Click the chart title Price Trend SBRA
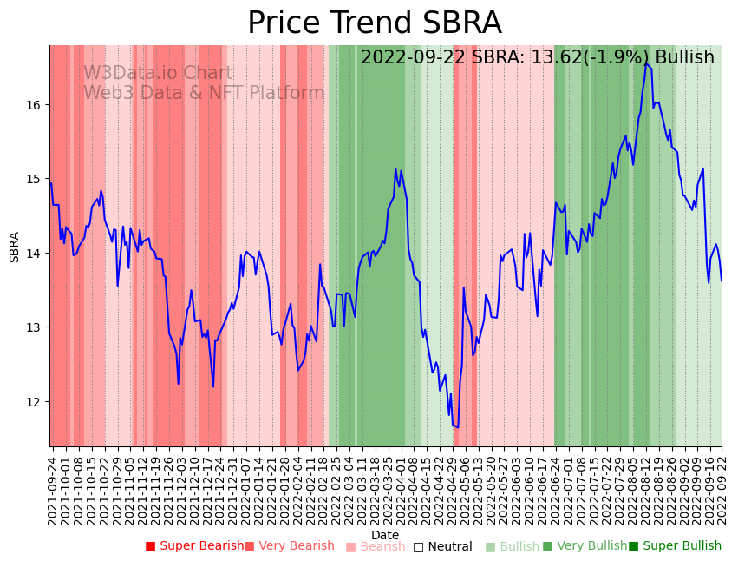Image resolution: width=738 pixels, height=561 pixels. (374, 23)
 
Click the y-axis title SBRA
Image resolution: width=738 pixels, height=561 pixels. (15, 247)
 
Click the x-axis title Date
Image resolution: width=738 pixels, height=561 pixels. (385, 535)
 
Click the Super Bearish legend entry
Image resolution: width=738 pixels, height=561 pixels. (195, 546)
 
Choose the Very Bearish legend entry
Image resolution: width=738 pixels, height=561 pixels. (289, 546)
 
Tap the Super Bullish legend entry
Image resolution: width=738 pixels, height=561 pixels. (675, 546)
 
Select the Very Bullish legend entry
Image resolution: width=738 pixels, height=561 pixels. (585, 546)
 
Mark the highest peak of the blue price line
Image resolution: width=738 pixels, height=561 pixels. (645, 63)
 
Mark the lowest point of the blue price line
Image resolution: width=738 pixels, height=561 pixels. (457, 427)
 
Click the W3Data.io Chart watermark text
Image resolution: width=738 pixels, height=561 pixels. (158, 74)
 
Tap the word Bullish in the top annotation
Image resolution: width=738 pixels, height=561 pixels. (684, 57)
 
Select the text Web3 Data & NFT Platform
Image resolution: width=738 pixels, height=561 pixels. (204, 94)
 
